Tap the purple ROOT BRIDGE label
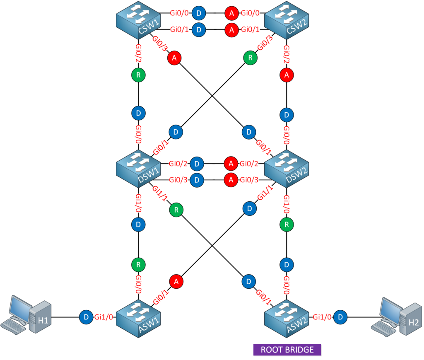(x=287, y=349)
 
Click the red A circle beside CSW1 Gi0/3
(x=174, y=59)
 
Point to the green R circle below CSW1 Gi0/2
(x=137, y=76)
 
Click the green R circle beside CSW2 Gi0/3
(x=250, y=58)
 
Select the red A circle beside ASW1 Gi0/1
(x=176, y=281)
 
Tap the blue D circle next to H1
(x=85, y=317)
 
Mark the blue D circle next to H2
(x=339, y=317)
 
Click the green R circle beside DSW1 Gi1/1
(x=176, y=210)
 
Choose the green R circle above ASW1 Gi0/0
(x=137, y=264)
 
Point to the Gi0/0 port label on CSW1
(x=179, y=13)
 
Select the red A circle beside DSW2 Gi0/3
(x=231, y=180)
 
